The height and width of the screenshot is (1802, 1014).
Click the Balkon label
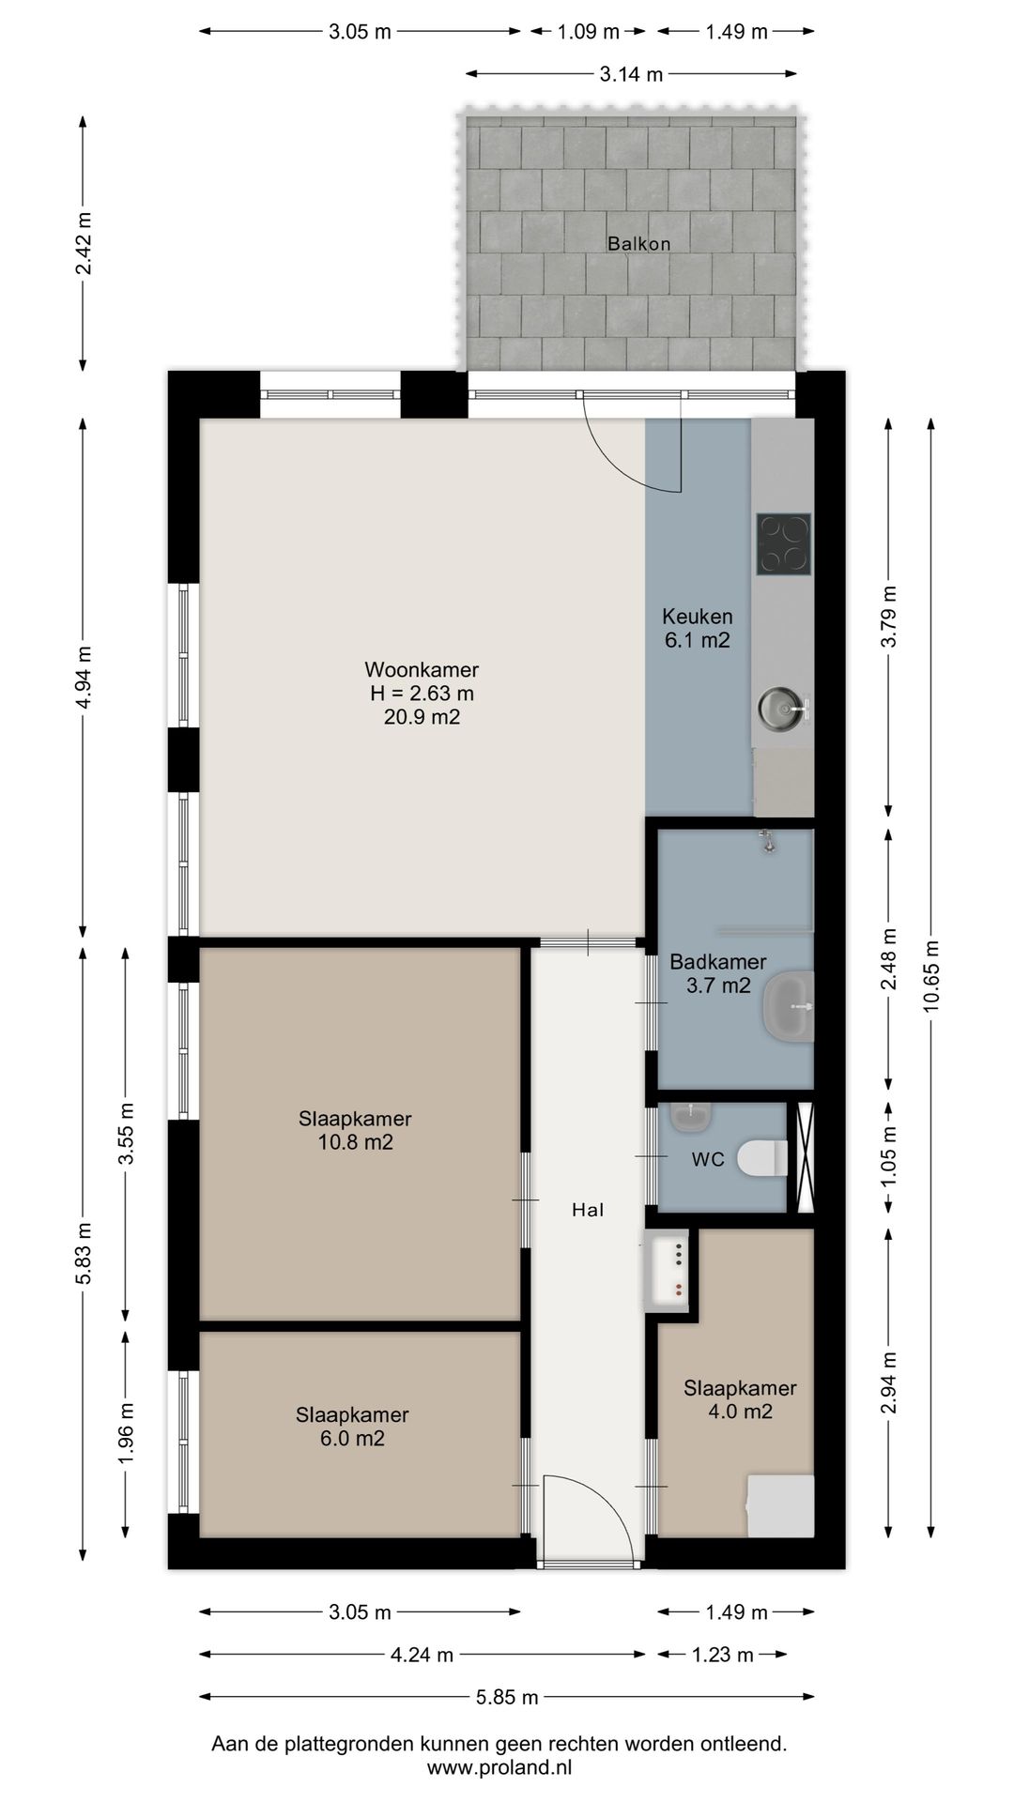click(x=638, y=244)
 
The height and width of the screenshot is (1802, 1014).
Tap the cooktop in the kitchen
click(x=783, y=544)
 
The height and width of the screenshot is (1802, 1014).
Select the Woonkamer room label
click(x=422, y=670)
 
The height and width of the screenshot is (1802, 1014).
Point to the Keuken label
click(x=698, y=617)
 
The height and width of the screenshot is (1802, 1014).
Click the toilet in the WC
click(x=761, y=1157)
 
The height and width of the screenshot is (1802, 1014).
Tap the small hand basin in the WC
click(x=691, y=1117)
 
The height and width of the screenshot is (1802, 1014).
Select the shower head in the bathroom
click(x=768, y=841)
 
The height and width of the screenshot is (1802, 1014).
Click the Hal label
click(x=588, y=1211)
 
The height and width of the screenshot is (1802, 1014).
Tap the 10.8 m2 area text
click(x=355, y=1142)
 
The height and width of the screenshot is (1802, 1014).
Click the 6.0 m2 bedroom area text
click(x=352, y=1439)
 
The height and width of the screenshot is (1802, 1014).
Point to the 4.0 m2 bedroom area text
click(x=740, y=1412)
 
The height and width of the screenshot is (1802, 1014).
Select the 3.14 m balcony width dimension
click(x=631, y=74)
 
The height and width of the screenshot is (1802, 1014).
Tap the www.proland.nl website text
click(x=499, y=1768)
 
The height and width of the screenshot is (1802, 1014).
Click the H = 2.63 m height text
click(x=422, y=695)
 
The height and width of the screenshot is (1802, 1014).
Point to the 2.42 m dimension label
click(x=84, y=243)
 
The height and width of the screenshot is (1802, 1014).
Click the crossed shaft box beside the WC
click(x=804, y=1158)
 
